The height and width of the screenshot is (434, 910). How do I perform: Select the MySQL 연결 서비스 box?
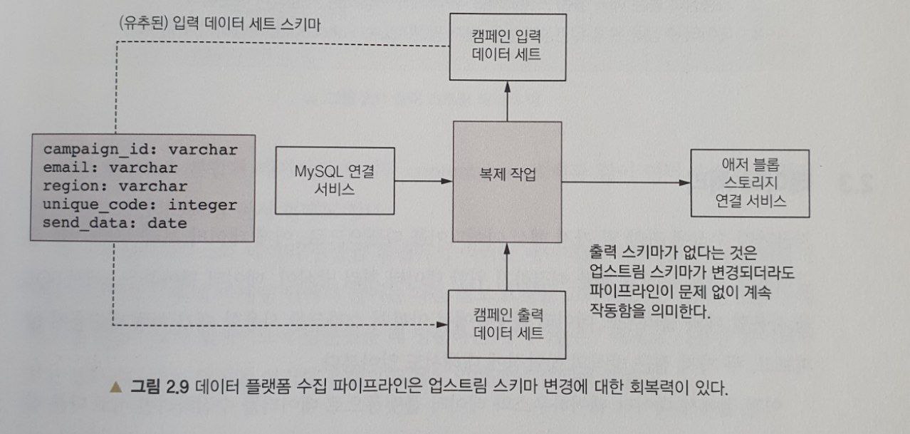(334, 181)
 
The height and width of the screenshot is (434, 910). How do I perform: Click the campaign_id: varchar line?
(140, 150)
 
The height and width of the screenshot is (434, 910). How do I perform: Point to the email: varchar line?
(110, 168)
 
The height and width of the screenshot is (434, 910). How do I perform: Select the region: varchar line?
(115, 187)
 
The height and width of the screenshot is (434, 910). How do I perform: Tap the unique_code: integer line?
(140, 205)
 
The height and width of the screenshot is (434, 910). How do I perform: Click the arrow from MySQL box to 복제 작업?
(424, 182)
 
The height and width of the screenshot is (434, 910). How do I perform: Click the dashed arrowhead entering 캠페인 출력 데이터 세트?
(441, 326)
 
